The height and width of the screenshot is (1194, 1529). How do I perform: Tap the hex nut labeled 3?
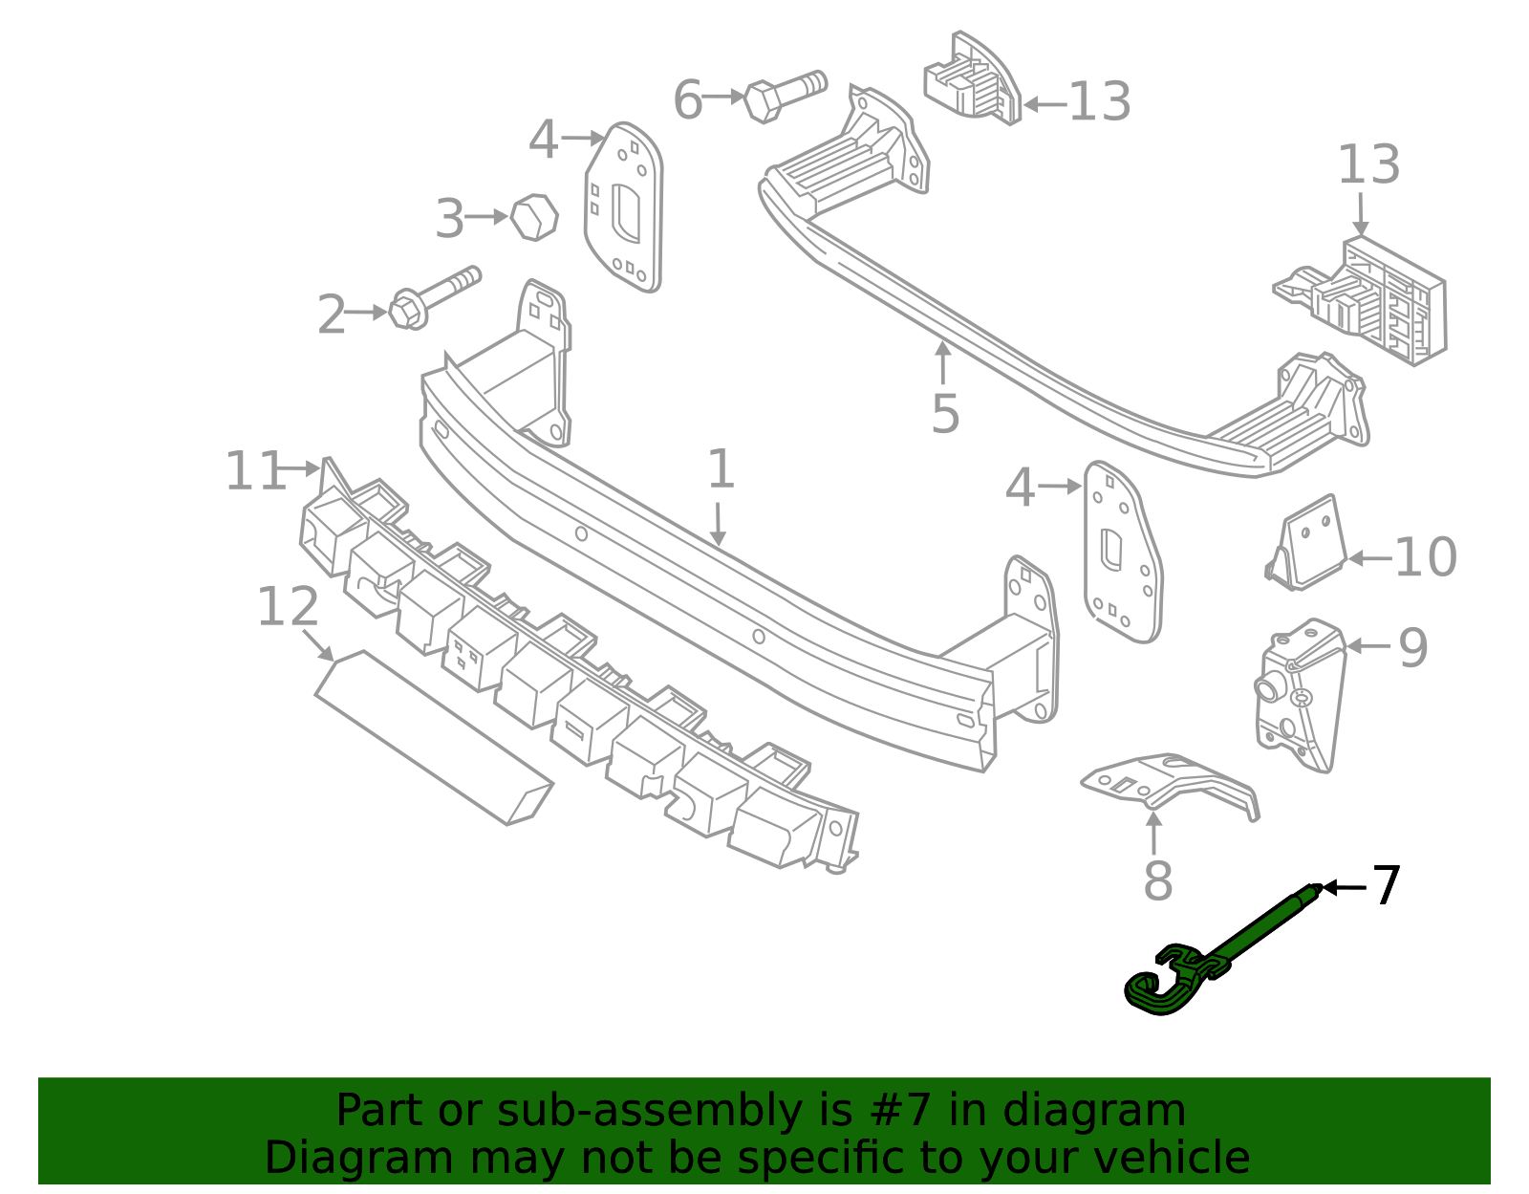pos(533,217)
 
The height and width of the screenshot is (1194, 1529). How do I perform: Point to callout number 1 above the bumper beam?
pos(721,469)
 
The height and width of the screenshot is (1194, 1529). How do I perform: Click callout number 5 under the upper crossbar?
pos(944,413)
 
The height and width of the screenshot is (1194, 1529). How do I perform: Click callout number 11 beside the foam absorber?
pos(254,470)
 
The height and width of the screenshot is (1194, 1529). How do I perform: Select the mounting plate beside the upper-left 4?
pos(624,207)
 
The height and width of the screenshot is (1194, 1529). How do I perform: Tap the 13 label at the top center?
pos(1099,101)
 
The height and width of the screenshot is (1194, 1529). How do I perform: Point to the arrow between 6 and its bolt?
pos(723,97)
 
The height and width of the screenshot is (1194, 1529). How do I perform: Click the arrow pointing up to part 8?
pos(1154,832)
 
